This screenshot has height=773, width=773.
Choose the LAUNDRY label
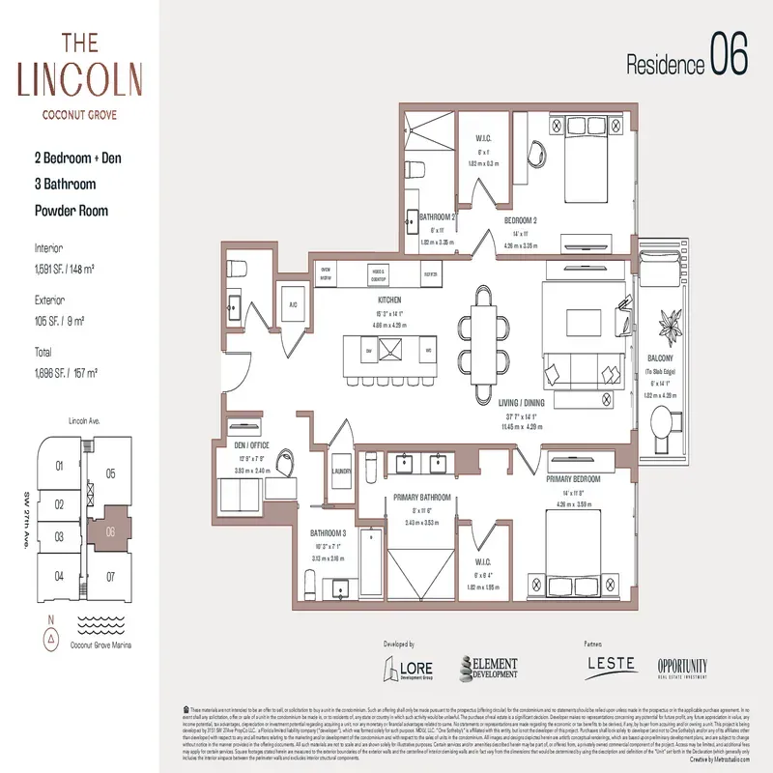point(340,472)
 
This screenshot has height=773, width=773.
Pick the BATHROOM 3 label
point(328,532)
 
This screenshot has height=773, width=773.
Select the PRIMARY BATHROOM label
point(420,499)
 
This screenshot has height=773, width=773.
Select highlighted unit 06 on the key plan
point(110,530)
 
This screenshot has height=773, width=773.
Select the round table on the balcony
point(666,424)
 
